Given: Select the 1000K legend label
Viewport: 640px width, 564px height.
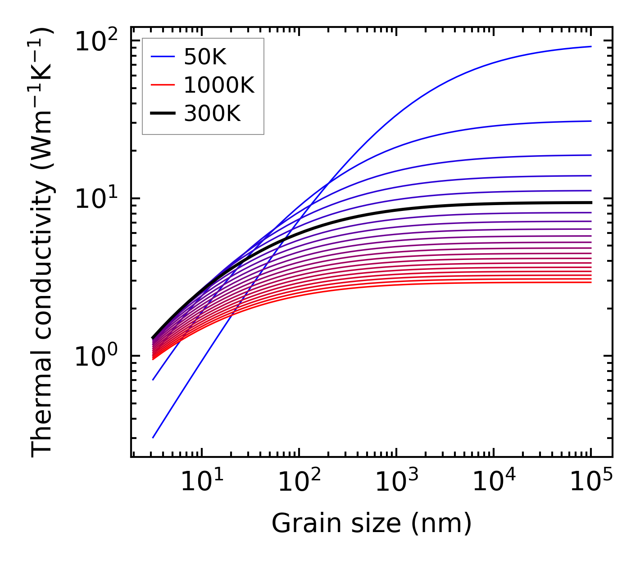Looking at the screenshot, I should [219, 85].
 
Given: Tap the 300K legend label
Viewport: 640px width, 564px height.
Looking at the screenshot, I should [212, 114].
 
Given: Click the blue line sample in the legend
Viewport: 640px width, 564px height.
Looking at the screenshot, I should [162, 57].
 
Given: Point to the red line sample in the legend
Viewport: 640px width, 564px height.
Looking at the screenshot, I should [162, 85].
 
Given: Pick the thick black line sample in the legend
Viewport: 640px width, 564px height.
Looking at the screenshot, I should [162, 114].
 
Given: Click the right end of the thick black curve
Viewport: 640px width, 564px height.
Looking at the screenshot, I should [590, 202].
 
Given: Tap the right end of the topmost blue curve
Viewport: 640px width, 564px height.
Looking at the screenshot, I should [590, 46].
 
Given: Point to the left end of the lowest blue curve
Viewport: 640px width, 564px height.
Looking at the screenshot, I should [153, 438].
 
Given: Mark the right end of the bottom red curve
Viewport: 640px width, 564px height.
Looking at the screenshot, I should [590, 282].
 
